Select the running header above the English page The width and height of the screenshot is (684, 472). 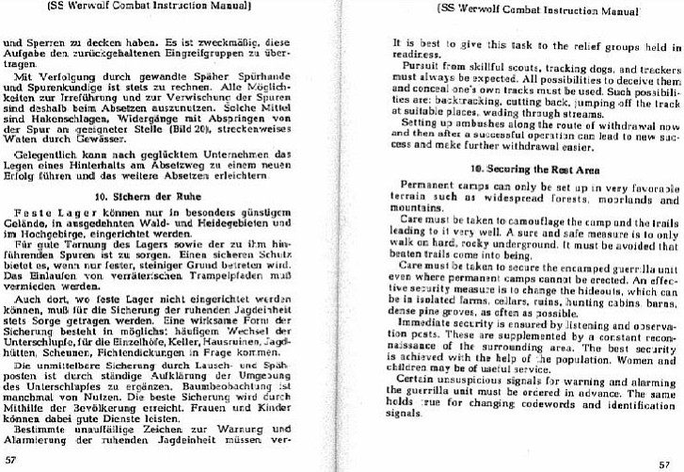[x=523, y=9]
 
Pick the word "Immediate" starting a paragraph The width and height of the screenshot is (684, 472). [x=425, y=346]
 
